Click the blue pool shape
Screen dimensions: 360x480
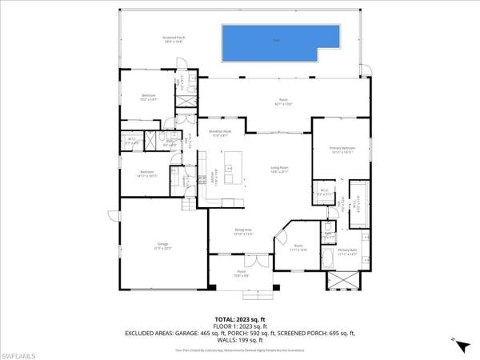coord(277,40)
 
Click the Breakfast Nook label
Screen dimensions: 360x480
coord(220,133)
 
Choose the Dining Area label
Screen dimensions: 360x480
coord(243,232)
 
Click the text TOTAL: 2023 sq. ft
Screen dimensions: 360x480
coord(239,318)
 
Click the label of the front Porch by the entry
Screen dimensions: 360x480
coord(241,274)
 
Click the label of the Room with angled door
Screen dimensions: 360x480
coord(298,248)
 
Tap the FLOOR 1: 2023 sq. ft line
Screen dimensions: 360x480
coord(239,326)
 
